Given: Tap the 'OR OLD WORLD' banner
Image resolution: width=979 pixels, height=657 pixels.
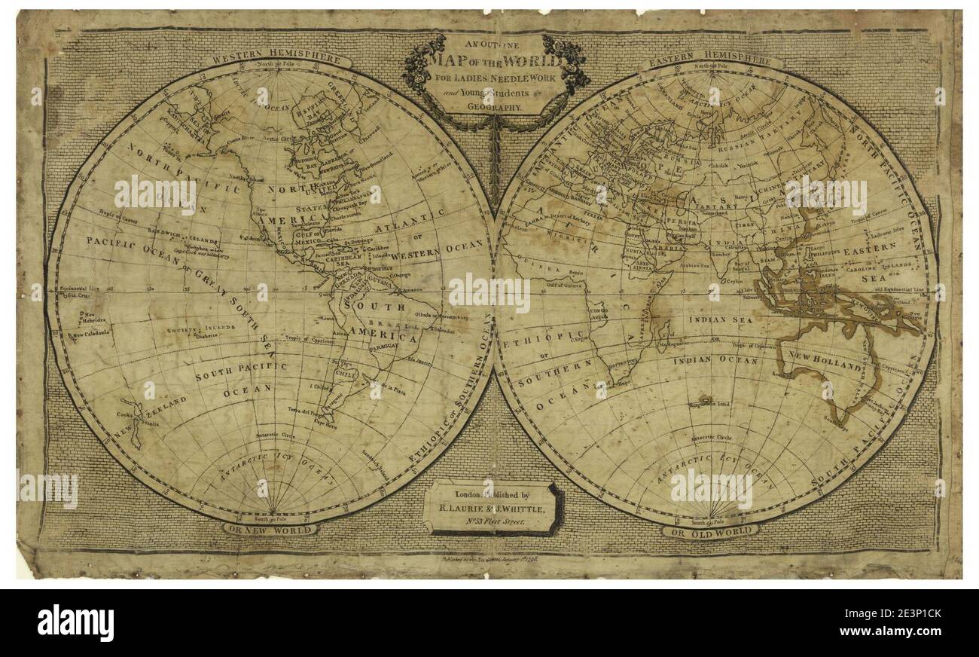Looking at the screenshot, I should [710, 531].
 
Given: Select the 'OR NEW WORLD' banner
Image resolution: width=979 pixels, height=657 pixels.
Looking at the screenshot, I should [270, 529].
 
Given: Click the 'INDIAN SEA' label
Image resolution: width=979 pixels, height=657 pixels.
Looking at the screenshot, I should [721, 319].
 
